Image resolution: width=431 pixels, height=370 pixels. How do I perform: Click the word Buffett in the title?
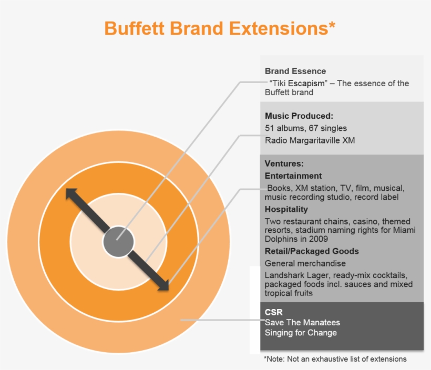(135, 28)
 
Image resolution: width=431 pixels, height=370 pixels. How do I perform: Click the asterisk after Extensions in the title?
(332, 25)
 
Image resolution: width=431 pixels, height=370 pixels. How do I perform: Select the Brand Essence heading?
(295, 71)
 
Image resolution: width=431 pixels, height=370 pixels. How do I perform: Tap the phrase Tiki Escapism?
(299, 83)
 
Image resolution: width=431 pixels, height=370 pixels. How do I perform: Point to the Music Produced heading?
(299, 116)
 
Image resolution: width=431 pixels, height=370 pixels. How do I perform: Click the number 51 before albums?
(269, 128)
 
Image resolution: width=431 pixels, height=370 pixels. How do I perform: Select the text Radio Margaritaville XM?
(310, 140)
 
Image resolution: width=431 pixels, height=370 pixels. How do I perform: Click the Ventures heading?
(284, 163)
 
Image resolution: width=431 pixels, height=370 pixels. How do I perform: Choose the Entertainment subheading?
(293, 176)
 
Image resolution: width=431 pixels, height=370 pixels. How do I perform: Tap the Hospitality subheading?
(286, 209)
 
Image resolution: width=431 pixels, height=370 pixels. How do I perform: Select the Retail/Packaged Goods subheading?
(312, 251)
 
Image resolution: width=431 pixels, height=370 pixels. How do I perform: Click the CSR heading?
(273, 312)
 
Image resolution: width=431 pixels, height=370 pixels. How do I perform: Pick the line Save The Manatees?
(302, 322)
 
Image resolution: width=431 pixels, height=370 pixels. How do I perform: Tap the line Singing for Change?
(301, 333)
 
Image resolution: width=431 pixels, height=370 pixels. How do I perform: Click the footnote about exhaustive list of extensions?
(335, 359)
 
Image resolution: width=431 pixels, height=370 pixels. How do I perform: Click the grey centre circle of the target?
(118, 242)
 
